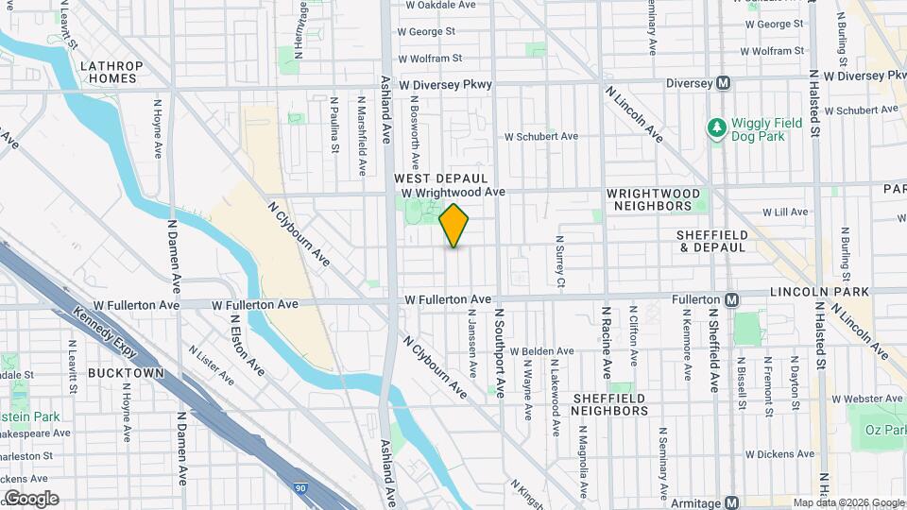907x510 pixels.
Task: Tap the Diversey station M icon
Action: pyautogui.click(x=723, y=83)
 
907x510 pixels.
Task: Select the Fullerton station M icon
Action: pyautogui.click(x=731, y=299)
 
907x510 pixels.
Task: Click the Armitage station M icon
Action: pyautogui.click(x=732, y=502)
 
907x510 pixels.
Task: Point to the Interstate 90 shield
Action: pyautogui.click(x=300, y=487)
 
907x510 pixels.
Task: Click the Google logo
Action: pyautogui.click(x=31, y=498)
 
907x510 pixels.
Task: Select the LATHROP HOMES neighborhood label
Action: pyautogui.click(x=111, y=72)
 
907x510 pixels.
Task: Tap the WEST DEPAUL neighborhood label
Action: pyautogui.click(x=440, y=178)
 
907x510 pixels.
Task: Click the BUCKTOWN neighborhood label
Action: pyautogui.click(x=126, y=373)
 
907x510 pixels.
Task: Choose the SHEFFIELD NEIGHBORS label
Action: pyautogui.click(x=609, y=404)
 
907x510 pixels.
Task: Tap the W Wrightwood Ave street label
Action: pyautogui.click(x=453, y=192)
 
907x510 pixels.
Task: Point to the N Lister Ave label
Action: pyautogui.click(x=211, y=365)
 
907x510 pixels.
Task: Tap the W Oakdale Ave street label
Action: pyautogui.click(x=441, y=5)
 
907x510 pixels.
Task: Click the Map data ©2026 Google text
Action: pyautogui.click(x=848, y=502)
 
